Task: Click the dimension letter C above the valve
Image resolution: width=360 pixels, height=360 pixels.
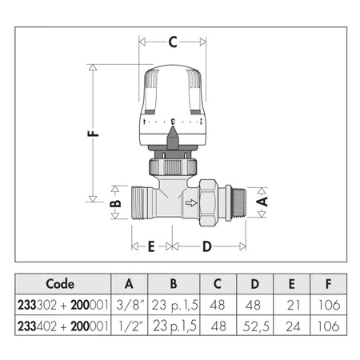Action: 172,42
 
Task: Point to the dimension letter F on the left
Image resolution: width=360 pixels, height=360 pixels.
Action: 94,134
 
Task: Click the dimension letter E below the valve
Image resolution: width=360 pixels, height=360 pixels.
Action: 151,246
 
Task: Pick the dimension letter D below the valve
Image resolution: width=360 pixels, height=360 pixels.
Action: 206,246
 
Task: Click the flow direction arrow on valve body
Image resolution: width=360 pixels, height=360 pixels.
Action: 190,204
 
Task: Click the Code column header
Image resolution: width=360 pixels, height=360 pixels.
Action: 61,284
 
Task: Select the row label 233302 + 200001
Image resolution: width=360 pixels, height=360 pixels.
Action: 61,305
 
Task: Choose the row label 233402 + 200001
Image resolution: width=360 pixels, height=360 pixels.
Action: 61,326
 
